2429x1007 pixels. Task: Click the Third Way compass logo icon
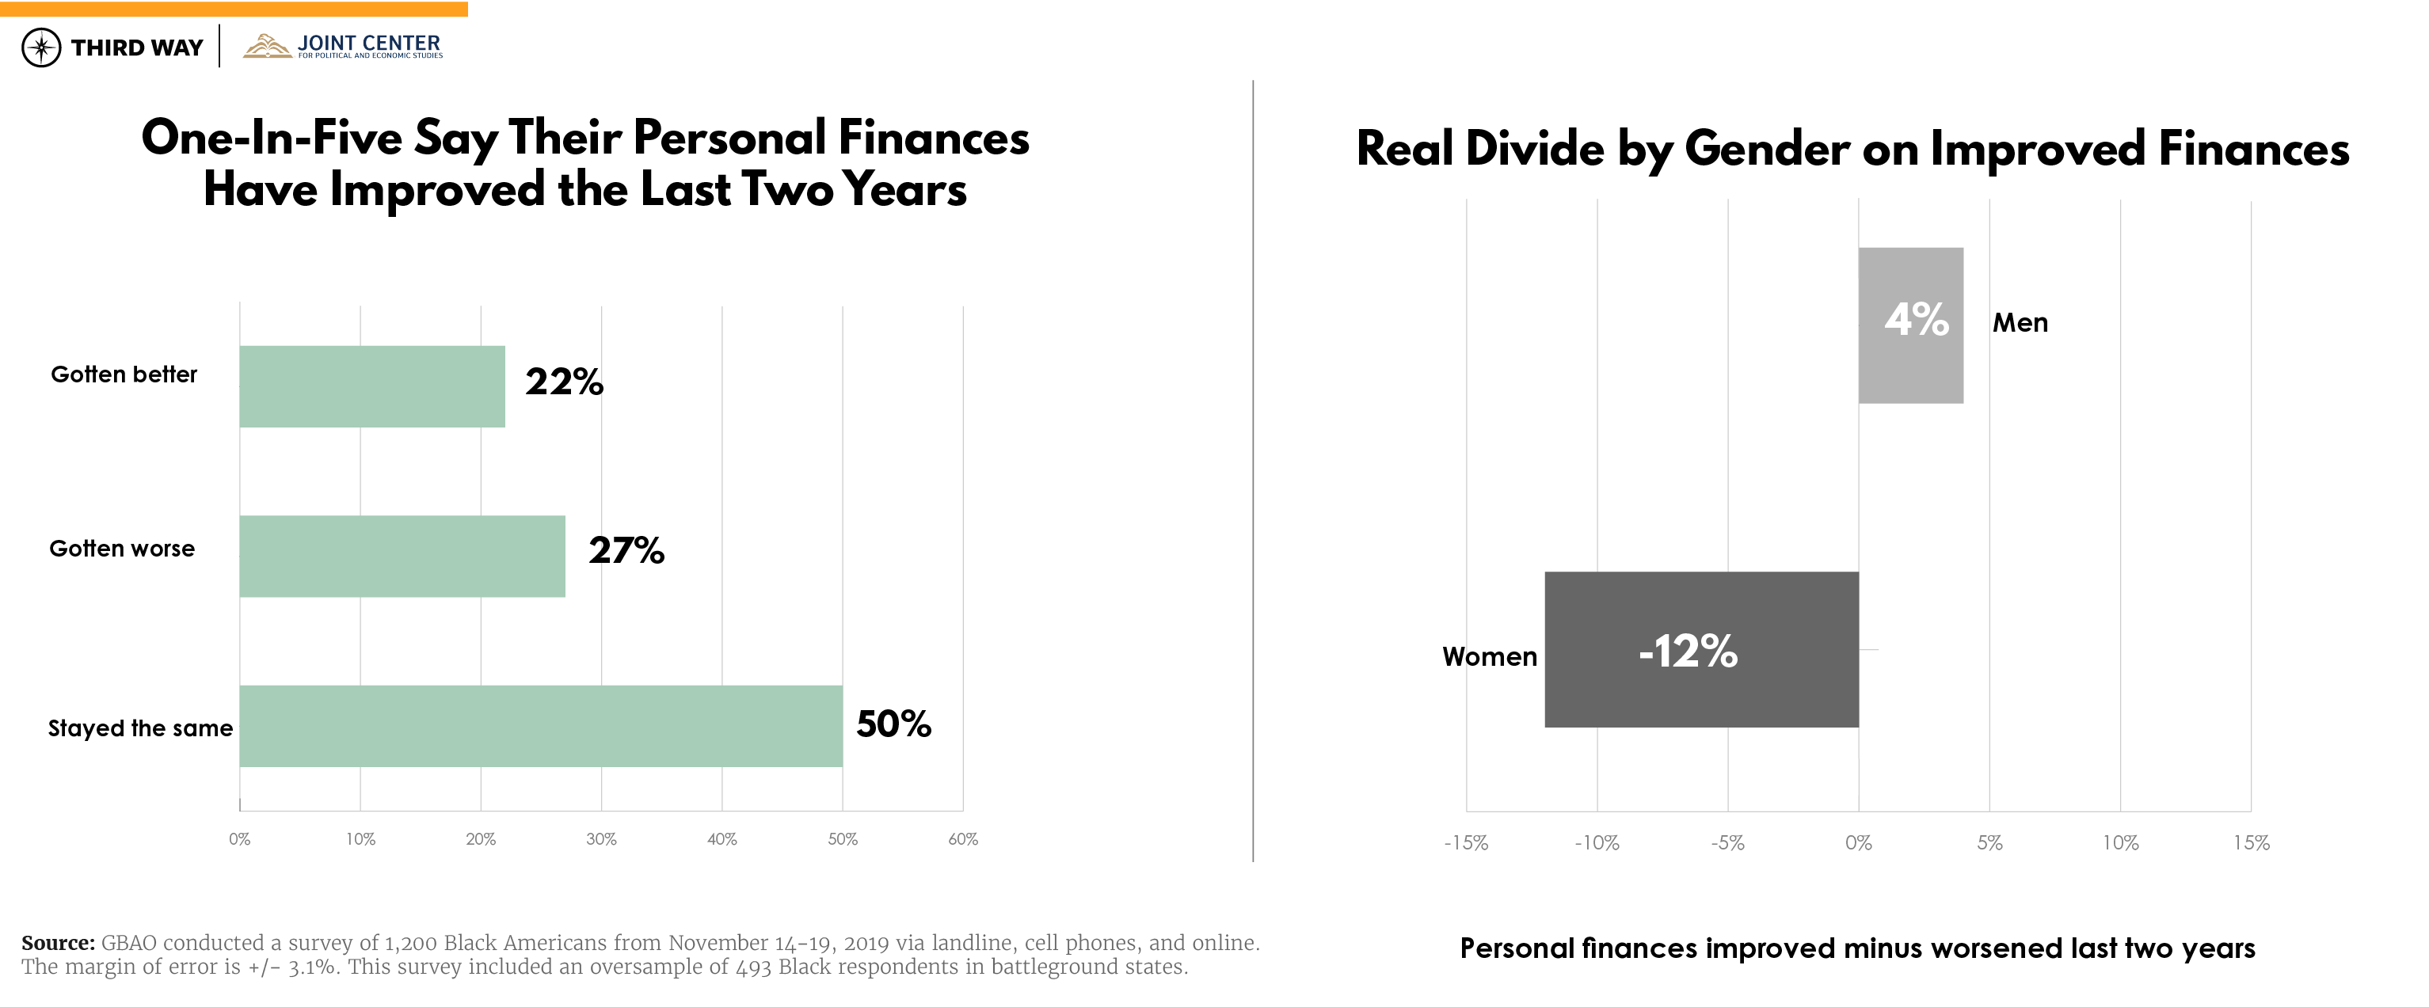coord(41,47)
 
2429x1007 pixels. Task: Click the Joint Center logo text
coord(367,44)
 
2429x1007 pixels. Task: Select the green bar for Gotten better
coord(371,386)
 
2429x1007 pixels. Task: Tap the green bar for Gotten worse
coord(402,557)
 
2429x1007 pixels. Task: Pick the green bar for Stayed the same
coord(540,726)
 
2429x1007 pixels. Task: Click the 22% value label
coord(564,382)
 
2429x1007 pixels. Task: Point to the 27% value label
coord(626,551)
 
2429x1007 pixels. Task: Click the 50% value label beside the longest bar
coord(893,724)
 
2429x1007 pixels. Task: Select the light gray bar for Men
coord(1910,325)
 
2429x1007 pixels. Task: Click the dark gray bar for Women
coord(1701,650)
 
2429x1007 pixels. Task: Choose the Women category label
coord(1489,657)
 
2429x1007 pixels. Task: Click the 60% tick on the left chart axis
coord(963,839)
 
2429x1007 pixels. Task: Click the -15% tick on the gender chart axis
coord(1465,843)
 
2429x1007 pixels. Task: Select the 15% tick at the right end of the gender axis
coord(2251,843)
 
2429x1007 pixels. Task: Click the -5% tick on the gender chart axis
coord(1727,843)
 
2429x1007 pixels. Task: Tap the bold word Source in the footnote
coord(58,943)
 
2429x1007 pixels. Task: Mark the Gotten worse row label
coord(122,549)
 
